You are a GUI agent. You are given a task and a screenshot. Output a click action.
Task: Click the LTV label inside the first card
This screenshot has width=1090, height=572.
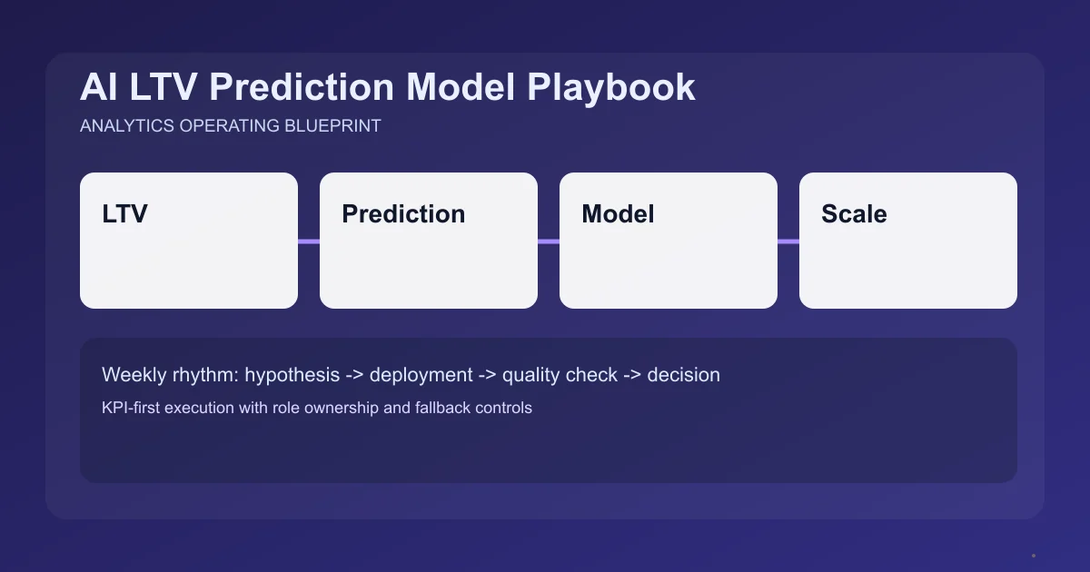click(124, 214)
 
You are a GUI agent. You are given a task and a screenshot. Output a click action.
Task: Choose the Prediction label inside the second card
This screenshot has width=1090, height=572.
click(403, 214)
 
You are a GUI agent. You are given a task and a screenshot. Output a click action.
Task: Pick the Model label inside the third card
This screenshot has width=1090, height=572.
click(618, 214)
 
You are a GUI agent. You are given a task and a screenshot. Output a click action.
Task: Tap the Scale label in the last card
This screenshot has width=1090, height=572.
click(854, 214)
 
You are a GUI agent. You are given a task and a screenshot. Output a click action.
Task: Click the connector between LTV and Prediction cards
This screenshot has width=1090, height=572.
click(309, 242)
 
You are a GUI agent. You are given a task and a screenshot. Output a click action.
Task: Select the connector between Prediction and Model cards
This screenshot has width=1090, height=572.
click(549, 242)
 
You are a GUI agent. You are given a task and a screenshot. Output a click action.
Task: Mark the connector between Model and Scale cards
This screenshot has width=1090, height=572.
click(788, 242)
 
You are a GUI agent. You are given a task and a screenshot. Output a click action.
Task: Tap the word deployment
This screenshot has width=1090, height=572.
click(421, 374)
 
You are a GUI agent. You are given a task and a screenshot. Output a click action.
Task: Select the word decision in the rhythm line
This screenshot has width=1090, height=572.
click(683, 374)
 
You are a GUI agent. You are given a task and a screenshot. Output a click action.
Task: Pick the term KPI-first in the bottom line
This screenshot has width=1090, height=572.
click(133, 408)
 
